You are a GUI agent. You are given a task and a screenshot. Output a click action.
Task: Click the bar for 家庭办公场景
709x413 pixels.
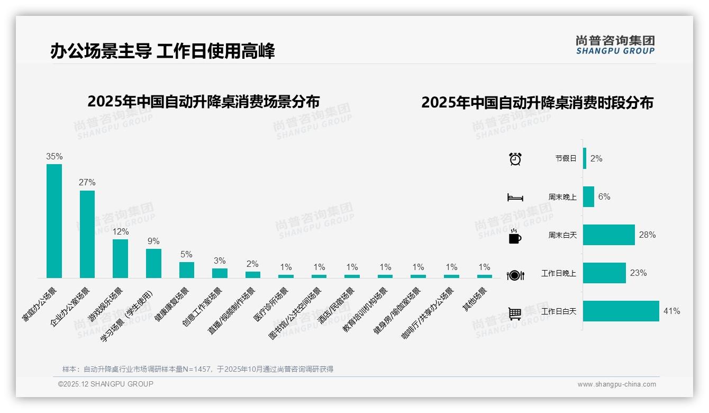point(54,221)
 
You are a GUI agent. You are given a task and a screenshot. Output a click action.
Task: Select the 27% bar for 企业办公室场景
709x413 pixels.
point(87,234)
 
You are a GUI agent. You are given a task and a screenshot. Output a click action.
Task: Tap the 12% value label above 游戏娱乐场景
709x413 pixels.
point(121,232)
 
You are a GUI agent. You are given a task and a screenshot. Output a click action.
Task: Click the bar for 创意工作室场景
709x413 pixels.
point(220,273)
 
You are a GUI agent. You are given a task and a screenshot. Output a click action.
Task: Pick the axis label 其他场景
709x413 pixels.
point(475,299)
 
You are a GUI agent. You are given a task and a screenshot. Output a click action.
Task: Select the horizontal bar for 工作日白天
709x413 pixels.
point(621,311)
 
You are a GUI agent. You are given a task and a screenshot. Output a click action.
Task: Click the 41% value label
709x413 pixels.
point(671,311)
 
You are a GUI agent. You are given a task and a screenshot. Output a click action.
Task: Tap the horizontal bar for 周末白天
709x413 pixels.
point(609,235)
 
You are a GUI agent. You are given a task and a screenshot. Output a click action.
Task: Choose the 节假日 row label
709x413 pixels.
point(566,158)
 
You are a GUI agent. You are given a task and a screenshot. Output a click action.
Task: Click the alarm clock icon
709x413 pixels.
point(515,159)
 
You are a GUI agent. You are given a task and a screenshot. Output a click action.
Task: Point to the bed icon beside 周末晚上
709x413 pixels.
point(515,197)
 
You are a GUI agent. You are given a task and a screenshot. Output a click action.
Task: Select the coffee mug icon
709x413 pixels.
point(515,237)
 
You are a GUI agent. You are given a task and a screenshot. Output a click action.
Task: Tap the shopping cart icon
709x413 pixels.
point(515,313)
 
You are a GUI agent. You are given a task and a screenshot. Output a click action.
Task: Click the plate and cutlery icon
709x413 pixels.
point(515,275)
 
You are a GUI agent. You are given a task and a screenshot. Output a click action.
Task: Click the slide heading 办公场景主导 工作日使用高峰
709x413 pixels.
point(163,51)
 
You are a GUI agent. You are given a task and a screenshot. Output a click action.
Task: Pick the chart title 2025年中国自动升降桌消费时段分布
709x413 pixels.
point(537,102)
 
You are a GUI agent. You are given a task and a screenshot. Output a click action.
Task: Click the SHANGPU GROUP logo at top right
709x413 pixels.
point(615,45)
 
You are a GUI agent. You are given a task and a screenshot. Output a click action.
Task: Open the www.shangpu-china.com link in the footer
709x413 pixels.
point(616,384)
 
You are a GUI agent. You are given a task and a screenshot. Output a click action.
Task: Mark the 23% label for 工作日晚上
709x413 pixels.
point(638,273)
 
